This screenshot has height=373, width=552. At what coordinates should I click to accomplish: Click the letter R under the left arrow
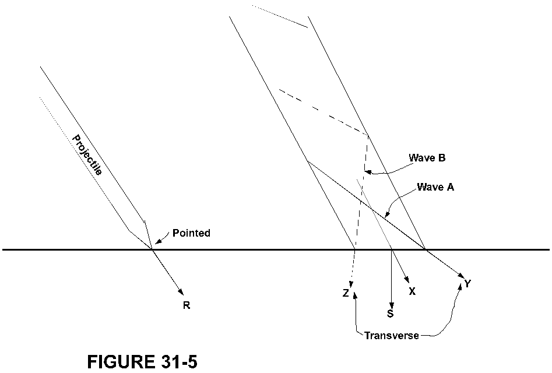(x=187, y=305)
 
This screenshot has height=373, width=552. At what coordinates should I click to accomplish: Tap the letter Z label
(x=346, y=294)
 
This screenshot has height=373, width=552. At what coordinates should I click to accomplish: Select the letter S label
(x=390, y=314)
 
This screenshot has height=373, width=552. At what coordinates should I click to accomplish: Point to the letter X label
(x=412, y=291)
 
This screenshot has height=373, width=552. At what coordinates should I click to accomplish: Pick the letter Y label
(x=467, y=284)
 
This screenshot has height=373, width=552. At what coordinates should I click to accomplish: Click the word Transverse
(x=392, y=336)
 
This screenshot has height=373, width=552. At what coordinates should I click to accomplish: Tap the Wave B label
(x=427, y=158)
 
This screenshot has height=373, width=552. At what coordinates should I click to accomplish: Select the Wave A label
(x=435, y=188)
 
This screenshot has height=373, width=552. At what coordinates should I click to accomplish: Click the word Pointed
(x=191, y=233)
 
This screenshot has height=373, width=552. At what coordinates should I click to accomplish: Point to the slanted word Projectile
(x=87, y=154)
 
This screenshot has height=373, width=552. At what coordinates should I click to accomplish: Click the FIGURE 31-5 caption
(x=142, y=362)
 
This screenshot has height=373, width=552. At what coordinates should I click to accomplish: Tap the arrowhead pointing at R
(x=181, y=293)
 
